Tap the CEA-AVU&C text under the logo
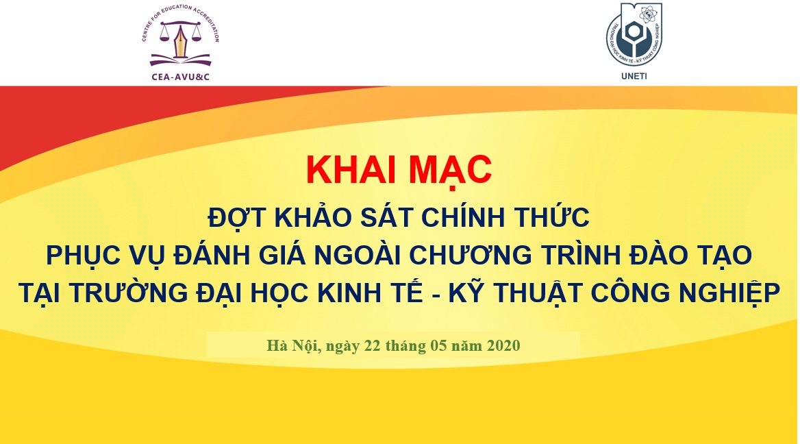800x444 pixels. tap(181, 77)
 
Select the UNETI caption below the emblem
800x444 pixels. tap(634, 76)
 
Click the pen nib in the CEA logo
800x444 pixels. tap(181, 41)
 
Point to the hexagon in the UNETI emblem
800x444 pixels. tap(634, 32)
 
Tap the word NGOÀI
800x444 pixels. tap(357, 254)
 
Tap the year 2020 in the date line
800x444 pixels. tap(503, 345)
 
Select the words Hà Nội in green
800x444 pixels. tap(293, 345)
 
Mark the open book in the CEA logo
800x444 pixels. tap(181, 60)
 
